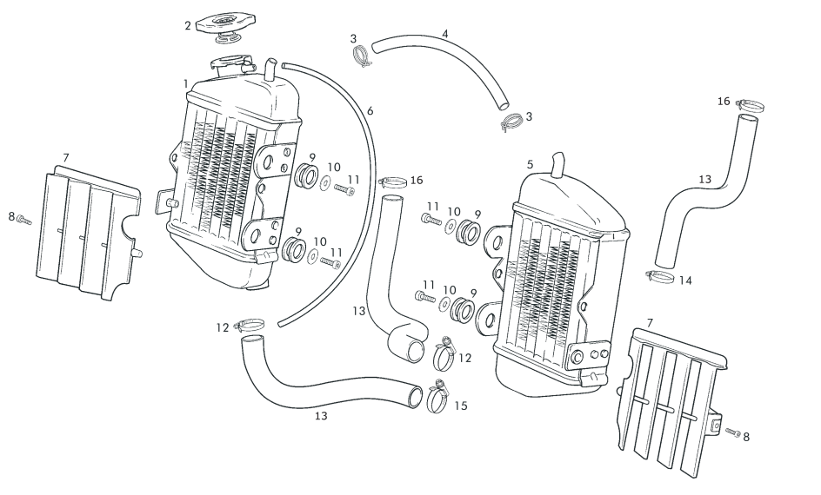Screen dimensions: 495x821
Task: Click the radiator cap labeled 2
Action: click(223, 24)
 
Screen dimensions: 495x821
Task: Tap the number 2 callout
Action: click(187, 26)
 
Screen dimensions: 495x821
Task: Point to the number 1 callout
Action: click(186, 83)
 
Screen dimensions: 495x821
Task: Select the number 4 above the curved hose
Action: click(445, 35)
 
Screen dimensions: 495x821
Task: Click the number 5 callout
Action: click(530, 163)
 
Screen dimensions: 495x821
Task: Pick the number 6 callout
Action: click(370, 111)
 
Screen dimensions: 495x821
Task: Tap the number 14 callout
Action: click(685, 280)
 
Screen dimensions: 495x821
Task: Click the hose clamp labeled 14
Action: click(660, 278)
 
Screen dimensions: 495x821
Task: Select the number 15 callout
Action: click(461, 406)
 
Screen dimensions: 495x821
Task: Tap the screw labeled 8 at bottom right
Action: click(731, 432)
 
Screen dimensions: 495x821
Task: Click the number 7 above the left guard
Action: click(66, 158)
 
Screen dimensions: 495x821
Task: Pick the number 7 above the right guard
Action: click(650, 322)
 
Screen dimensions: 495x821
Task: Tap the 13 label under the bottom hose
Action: click(321, 416)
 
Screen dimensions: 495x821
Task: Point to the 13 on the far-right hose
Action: click(704, 179)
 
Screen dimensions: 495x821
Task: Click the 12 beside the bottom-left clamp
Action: click(224, 327)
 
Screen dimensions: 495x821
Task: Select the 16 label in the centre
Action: click(417, 180)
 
